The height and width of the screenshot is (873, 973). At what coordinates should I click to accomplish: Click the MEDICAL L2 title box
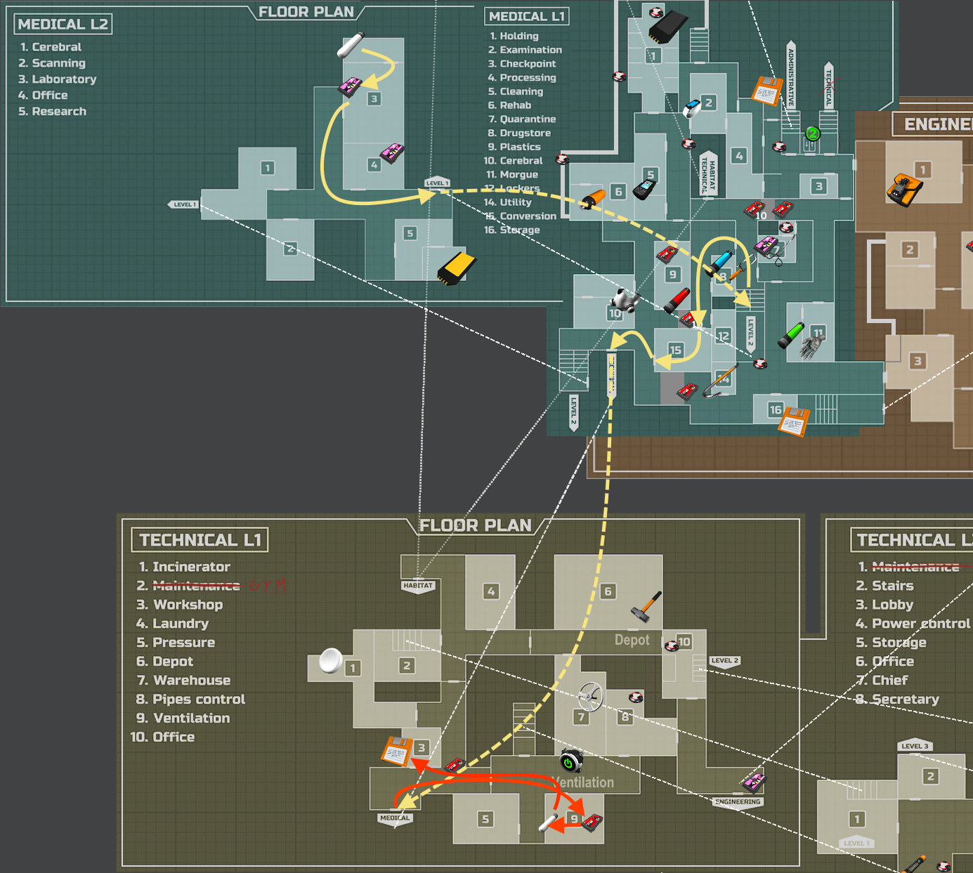click(x=63, y=25)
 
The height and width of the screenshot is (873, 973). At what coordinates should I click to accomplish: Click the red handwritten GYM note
click(x=268, y=586)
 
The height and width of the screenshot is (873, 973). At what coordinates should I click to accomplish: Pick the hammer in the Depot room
click(x=646, y=606)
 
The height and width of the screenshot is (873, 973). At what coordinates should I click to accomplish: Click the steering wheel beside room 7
click(x=591, y=697)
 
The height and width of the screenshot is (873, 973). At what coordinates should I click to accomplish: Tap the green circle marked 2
click(x=813, y=133)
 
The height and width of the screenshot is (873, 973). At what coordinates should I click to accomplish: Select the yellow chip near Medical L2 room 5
click(x=457, y=268)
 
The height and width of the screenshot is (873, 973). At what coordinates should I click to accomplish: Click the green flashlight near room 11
click(x=790, y=335)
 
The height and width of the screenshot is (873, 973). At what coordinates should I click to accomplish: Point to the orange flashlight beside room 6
click(x=592, y=199)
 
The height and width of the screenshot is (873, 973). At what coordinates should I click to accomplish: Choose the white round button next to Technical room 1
click(x=330, y=660)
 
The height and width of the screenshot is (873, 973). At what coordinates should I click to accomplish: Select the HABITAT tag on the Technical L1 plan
click(x=418, y=586)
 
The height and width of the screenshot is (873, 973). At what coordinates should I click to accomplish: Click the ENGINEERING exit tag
click(x=738, y=802)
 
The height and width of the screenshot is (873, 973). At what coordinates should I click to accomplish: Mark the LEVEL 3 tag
click(x=915, y=746)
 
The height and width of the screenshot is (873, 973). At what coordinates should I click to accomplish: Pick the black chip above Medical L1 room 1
click(x=667, y=27)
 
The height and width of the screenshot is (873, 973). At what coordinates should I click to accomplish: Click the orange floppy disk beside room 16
click(x=794, y=421)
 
